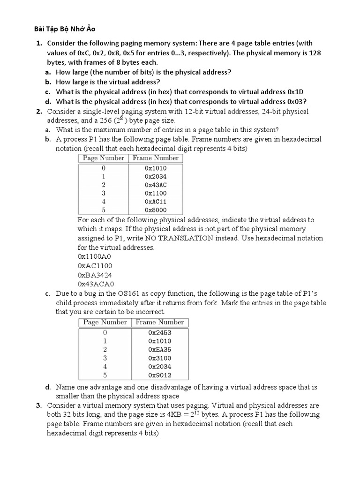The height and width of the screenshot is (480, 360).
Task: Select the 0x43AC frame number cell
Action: (x=156, y=185)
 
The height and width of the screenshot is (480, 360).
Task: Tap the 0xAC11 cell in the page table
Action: (x=156, y=202)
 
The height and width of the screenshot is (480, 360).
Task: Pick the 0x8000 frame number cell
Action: (x=156, y=210)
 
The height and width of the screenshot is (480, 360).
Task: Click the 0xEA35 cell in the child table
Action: (x=160, y=349)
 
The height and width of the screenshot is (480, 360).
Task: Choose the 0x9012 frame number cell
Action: (x=160, y=375)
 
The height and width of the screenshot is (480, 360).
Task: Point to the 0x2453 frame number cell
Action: (x=160, y=332)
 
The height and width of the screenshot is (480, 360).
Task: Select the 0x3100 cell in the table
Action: (x=160, y=358)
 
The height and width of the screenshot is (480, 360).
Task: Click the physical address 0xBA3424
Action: (x=95, y=275)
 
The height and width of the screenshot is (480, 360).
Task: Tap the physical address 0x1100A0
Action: (x=95, y=256)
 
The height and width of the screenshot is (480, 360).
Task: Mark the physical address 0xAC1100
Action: (x=95, y=266)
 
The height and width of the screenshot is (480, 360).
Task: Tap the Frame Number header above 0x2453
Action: (x=160, y=322)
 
